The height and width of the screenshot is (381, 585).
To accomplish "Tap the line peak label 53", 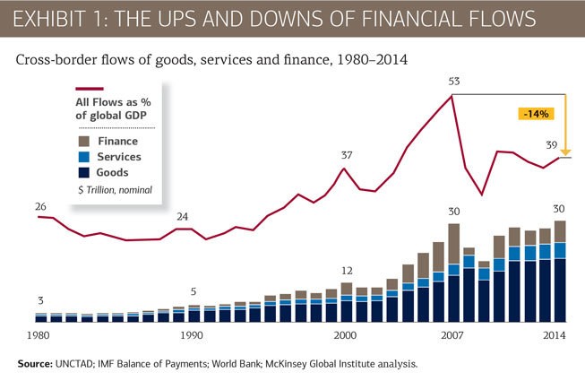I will point(454,82).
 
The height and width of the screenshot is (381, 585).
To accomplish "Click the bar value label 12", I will point(346,271).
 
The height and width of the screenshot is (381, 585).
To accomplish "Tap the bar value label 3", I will point(39,301).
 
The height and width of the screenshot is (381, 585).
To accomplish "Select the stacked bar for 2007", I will point(453,273).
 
